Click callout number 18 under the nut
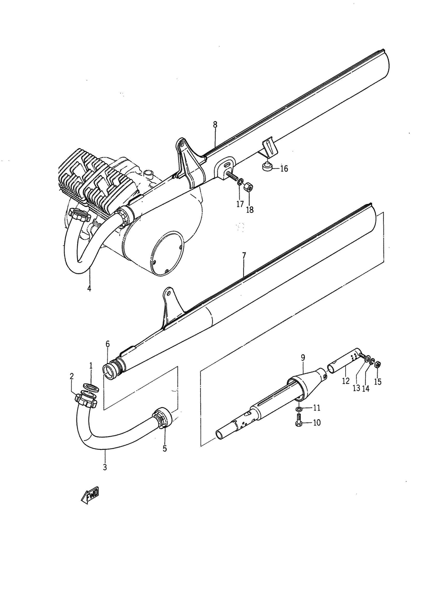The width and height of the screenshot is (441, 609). pyautogui.click(x=250, y=210)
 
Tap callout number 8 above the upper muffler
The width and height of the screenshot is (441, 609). pyautogui.click(x=215, y=125)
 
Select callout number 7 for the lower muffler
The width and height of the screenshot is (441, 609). pyautogui.click(x=244, y=256)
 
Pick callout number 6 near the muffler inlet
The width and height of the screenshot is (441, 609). pyautogui.click(x=107, y=344)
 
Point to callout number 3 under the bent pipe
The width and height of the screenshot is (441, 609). pyautogui.click(x=105, y=467)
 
